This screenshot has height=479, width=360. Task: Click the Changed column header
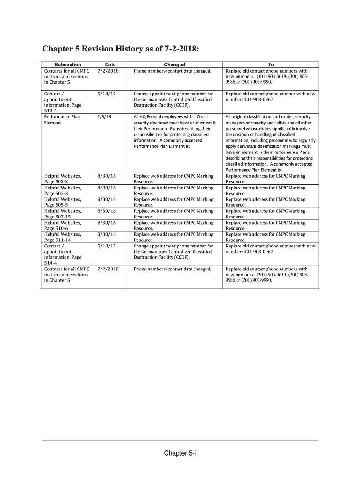pos(174,65)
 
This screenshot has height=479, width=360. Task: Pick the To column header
pos(271,65)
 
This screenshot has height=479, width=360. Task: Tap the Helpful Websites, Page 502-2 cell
pos(63,179)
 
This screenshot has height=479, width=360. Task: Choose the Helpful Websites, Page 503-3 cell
pos(63,190)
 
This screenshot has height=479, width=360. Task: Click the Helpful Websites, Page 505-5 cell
pos(63,202)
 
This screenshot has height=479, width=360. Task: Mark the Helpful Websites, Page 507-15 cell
pos(63,214)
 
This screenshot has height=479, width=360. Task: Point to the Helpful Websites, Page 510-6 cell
pos(63,225)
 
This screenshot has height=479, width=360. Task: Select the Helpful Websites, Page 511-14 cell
pos(63,237)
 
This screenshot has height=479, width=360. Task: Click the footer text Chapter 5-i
pos(180,453)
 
